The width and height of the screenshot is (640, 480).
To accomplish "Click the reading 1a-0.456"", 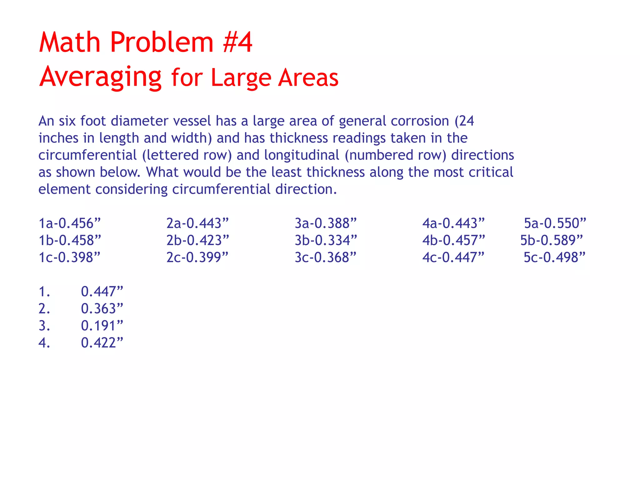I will [70, 223].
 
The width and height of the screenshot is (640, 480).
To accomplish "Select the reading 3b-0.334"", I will [326, 240].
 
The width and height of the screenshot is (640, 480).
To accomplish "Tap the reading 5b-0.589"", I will [552, 240].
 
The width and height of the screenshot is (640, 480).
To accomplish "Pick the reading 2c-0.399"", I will [197, 257].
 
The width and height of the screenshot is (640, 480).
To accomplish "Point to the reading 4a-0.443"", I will [453, 223].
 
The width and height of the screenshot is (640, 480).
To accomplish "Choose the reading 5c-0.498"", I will [554, 257].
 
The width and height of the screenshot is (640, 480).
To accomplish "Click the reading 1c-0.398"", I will [69, 257].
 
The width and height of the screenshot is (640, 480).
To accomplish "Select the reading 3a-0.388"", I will [326, 223].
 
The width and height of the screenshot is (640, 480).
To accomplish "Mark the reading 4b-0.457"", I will [454, 240].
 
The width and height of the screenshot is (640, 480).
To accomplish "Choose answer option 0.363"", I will [102, 309].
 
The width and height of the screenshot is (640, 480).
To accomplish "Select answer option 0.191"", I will [102, 326].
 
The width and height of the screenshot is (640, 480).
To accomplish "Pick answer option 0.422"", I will [102, 343].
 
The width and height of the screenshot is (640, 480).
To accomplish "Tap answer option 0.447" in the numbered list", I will [102, 292].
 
